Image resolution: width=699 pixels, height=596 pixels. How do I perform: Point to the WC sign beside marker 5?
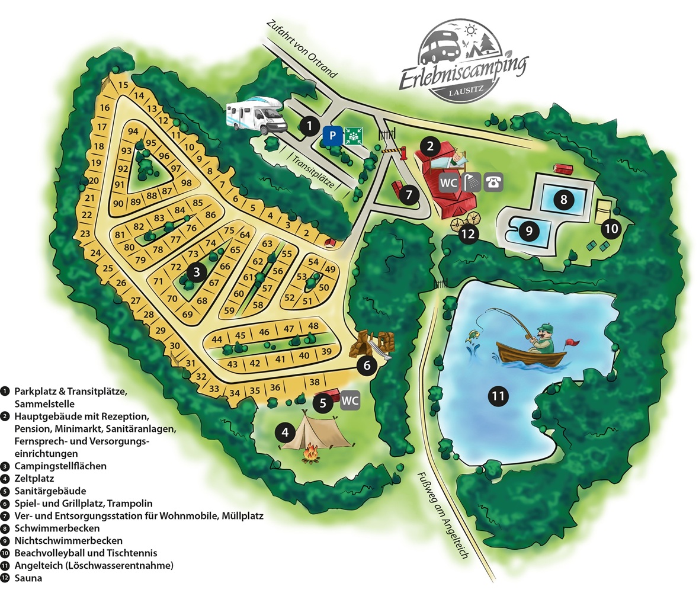[350, 401]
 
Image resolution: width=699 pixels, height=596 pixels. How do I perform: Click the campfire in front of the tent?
[310, 455]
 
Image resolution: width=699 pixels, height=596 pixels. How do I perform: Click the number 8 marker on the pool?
[563, 200]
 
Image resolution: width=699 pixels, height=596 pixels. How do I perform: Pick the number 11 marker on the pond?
[499, 396]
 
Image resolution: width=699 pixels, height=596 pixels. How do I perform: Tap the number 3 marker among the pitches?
[197, 272]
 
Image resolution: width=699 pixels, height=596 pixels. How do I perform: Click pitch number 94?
[133, 131]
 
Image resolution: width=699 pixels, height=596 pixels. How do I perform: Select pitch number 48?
[313, 326]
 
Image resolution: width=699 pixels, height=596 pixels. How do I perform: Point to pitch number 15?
[123, 85]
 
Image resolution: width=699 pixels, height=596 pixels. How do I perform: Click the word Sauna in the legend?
[29, 578]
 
